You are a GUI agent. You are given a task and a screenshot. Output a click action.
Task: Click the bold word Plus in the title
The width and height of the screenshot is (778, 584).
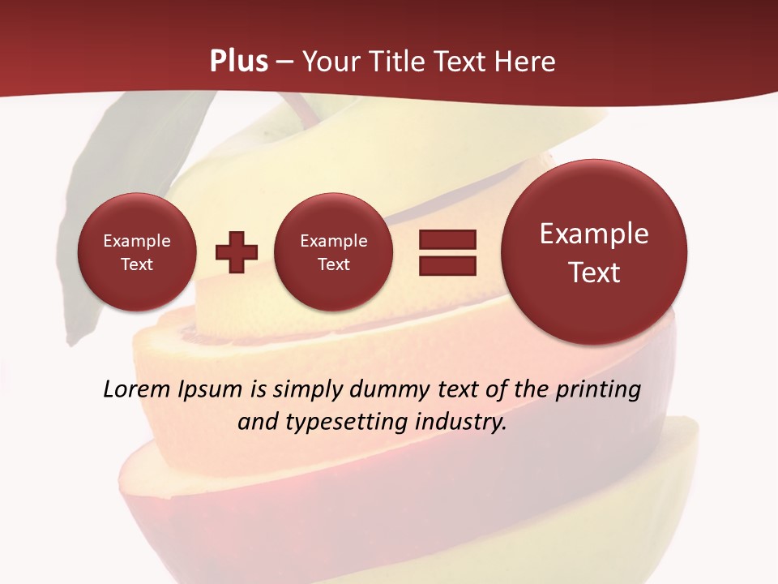click(x=238, y=61)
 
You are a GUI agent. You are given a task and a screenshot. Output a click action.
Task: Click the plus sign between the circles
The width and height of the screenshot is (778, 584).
click(x=237, y=252)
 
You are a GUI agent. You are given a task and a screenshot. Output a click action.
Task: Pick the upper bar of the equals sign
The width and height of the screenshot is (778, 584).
click(x=447, y=239)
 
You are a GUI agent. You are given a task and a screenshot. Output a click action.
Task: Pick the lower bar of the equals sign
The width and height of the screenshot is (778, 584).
click(x=447, y=264)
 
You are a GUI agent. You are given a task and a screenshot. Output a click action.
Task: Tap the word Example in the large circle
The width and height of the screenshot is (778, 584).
click(x=594, y=234)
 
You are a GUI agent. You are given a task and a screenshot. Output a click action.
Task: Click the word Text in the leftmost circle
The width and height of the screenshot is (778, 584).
click(x=137, y=264)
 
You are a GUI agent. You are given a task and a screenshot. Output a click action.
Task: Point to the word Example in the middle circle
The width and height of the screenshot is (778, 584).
click(x=333, y=241)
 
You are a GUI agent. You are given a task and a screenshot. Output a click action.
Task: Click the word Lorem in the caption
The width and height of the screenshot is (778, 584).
click(x=131, y=389)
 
